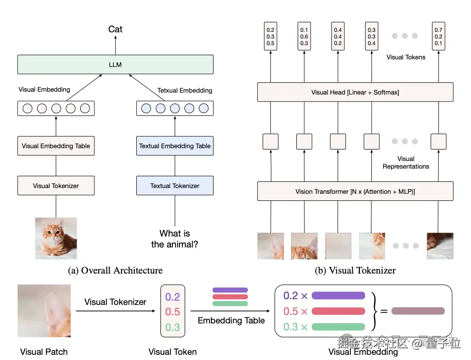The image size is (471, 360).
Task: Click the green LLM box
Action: tap(115, 65)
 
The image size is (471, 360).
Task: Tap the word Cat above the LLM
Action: tap(115, 29)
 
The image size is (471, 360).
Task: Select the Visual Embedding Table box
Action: tap(56, 146)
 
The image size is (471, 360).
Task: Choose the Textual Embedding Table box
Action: tap(175, 146)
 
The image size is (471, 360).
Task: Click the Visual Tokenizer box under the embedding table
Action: tap(56, 186)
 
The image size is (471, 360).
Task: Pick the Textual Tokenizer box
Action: tap(175, 186)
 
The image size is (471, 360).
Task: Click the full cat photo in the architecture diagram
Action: tap(56, 238)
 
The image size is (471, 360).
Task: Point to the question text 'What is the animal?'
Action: tap(175, 239)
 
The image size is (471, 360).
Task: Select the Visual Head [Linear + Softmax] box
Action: tap(355, 92)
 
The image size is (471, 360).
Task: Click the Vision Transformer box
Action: tap(355, 191)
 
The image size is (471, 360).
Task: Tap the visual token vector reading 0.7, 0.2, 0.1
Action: tap(439, 37)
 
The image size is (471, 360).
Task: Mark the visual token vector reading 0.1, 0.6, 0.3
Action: tap(304, 37)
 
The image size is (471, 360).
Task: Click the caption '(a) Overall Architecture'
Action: tap(115, 271)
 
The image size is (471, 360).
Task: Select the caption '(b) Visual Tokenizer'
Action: tap(355, 271)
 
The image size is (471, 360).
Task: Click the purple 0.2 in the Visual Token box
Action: tap(173, 297)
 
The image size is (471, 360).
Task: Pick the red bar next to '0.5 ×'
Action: tap(338, 311)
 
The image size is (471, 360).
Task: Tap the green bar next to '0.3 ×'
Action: tap(338, 327)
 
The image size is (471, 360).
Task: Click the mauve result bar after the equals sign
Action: tap(418, 311)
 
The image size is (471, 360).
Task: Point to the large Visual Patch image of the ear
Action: tap(44, 311)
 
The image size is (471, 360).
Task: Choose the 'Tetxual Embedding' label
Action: tap(185, 90)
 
